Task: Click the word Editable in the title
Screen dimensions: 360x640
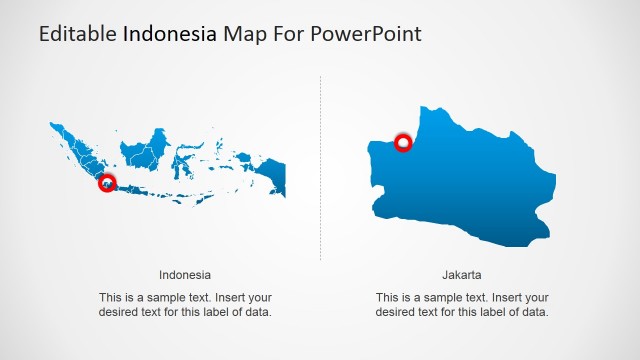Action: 78,34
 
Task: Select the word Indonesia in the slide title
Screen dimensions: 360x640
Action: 169,34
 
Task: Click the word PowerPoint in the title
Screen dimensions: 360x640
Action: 366,34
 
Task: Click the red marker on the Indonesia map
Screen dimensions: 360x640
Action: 107,183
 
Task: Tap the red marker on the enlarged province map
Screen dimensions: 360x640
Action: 404,143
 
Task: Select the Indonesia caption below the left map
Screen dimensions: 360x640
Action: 185,274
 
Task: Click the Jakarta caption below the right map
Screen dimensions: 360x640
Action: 462,274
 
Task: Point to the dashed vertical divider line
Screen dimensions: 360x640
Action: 321,170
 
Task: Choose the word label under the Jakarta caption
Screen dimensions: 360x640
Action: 491,312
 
